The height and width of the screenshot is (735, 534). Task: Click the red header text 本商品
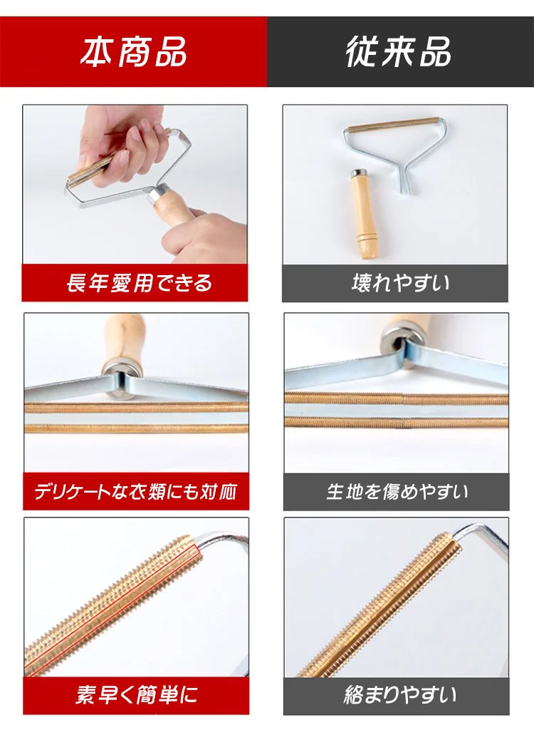[x=133, y=51]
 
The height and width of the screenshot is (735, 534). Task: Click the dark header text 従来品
[x=398, y=51]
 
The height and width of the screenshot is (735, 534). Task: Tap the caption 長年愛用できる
[x=139, y=283]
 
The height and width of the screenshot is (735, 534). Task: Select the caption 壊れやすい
[x=400, y=283]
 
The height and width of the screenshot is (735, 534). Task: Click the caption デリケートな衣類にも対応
[x=136, y=492]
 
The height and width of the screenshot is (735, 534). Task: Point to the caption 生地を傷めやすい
[x=397, y=492]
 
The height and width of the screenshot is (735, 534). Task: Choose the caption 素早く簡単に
[x=137, y=695]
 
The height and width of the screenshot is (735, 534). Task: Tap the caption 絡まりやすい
[x=399, y=695]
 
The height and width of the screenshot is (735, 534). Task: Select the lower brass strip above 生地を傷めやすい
[x=396, y=423]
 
